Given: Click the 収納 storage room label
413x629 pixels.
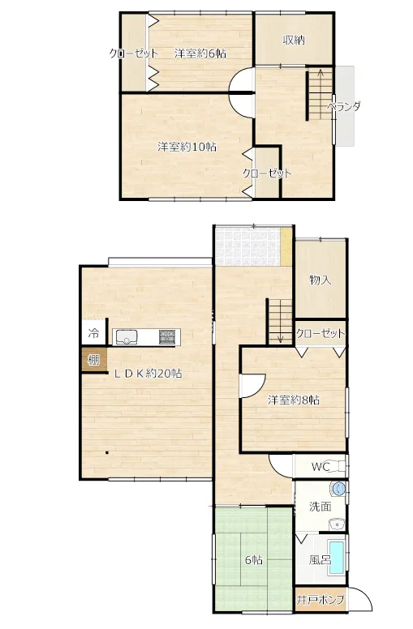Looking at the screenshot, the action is (x=294, y=40).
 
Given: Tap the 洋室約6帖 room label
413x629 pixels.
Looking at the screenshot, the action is (x=200, y=53).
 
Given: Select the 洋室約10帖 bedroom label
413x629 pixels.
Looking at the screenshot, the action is (x=187, y=147).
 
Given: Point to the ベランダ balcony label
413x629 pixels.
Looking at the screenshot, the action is (x=343, y=107).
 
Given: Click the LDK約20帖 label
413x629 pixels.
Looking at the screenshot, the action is (x=148, y=374).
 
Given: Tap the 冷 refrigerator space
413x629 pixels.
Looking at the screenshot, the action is (x=93, y=332).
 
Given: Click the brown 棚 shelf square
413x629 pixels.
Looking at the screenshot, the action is (x=93, y=359).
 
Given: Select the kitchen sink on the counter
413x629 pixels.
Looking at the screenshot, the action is (x=127, y=337).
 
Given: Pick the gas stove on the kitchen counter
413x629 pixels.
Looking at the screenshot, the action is (x=168, y=337).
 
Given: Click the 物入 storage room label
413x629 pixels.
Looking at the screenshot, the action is (x=321, y=280).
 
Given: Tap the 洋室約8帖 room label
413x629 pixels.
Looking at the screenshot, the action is (x=294, y=400).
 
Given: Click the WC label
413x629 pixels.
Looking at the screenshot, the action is (x=321, y=467).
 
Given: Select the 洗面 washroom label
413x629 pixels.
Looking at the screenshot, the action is (x=321, y=507).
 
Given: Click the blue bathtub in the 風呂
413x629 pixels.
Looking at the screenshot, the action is (x=336, y=557).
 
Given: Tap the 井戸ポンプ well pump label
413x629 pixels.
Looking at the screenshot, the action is (x=321, y=600).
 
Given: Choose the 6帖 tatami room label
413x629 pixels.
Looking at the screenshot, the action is (x=254, y=559).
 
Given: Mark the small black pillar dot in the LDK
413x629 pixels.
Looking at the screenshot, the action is (x=107, y=453).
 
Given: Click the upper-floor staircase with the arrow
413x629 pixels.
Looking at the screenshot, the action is (x=321, y=94).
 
